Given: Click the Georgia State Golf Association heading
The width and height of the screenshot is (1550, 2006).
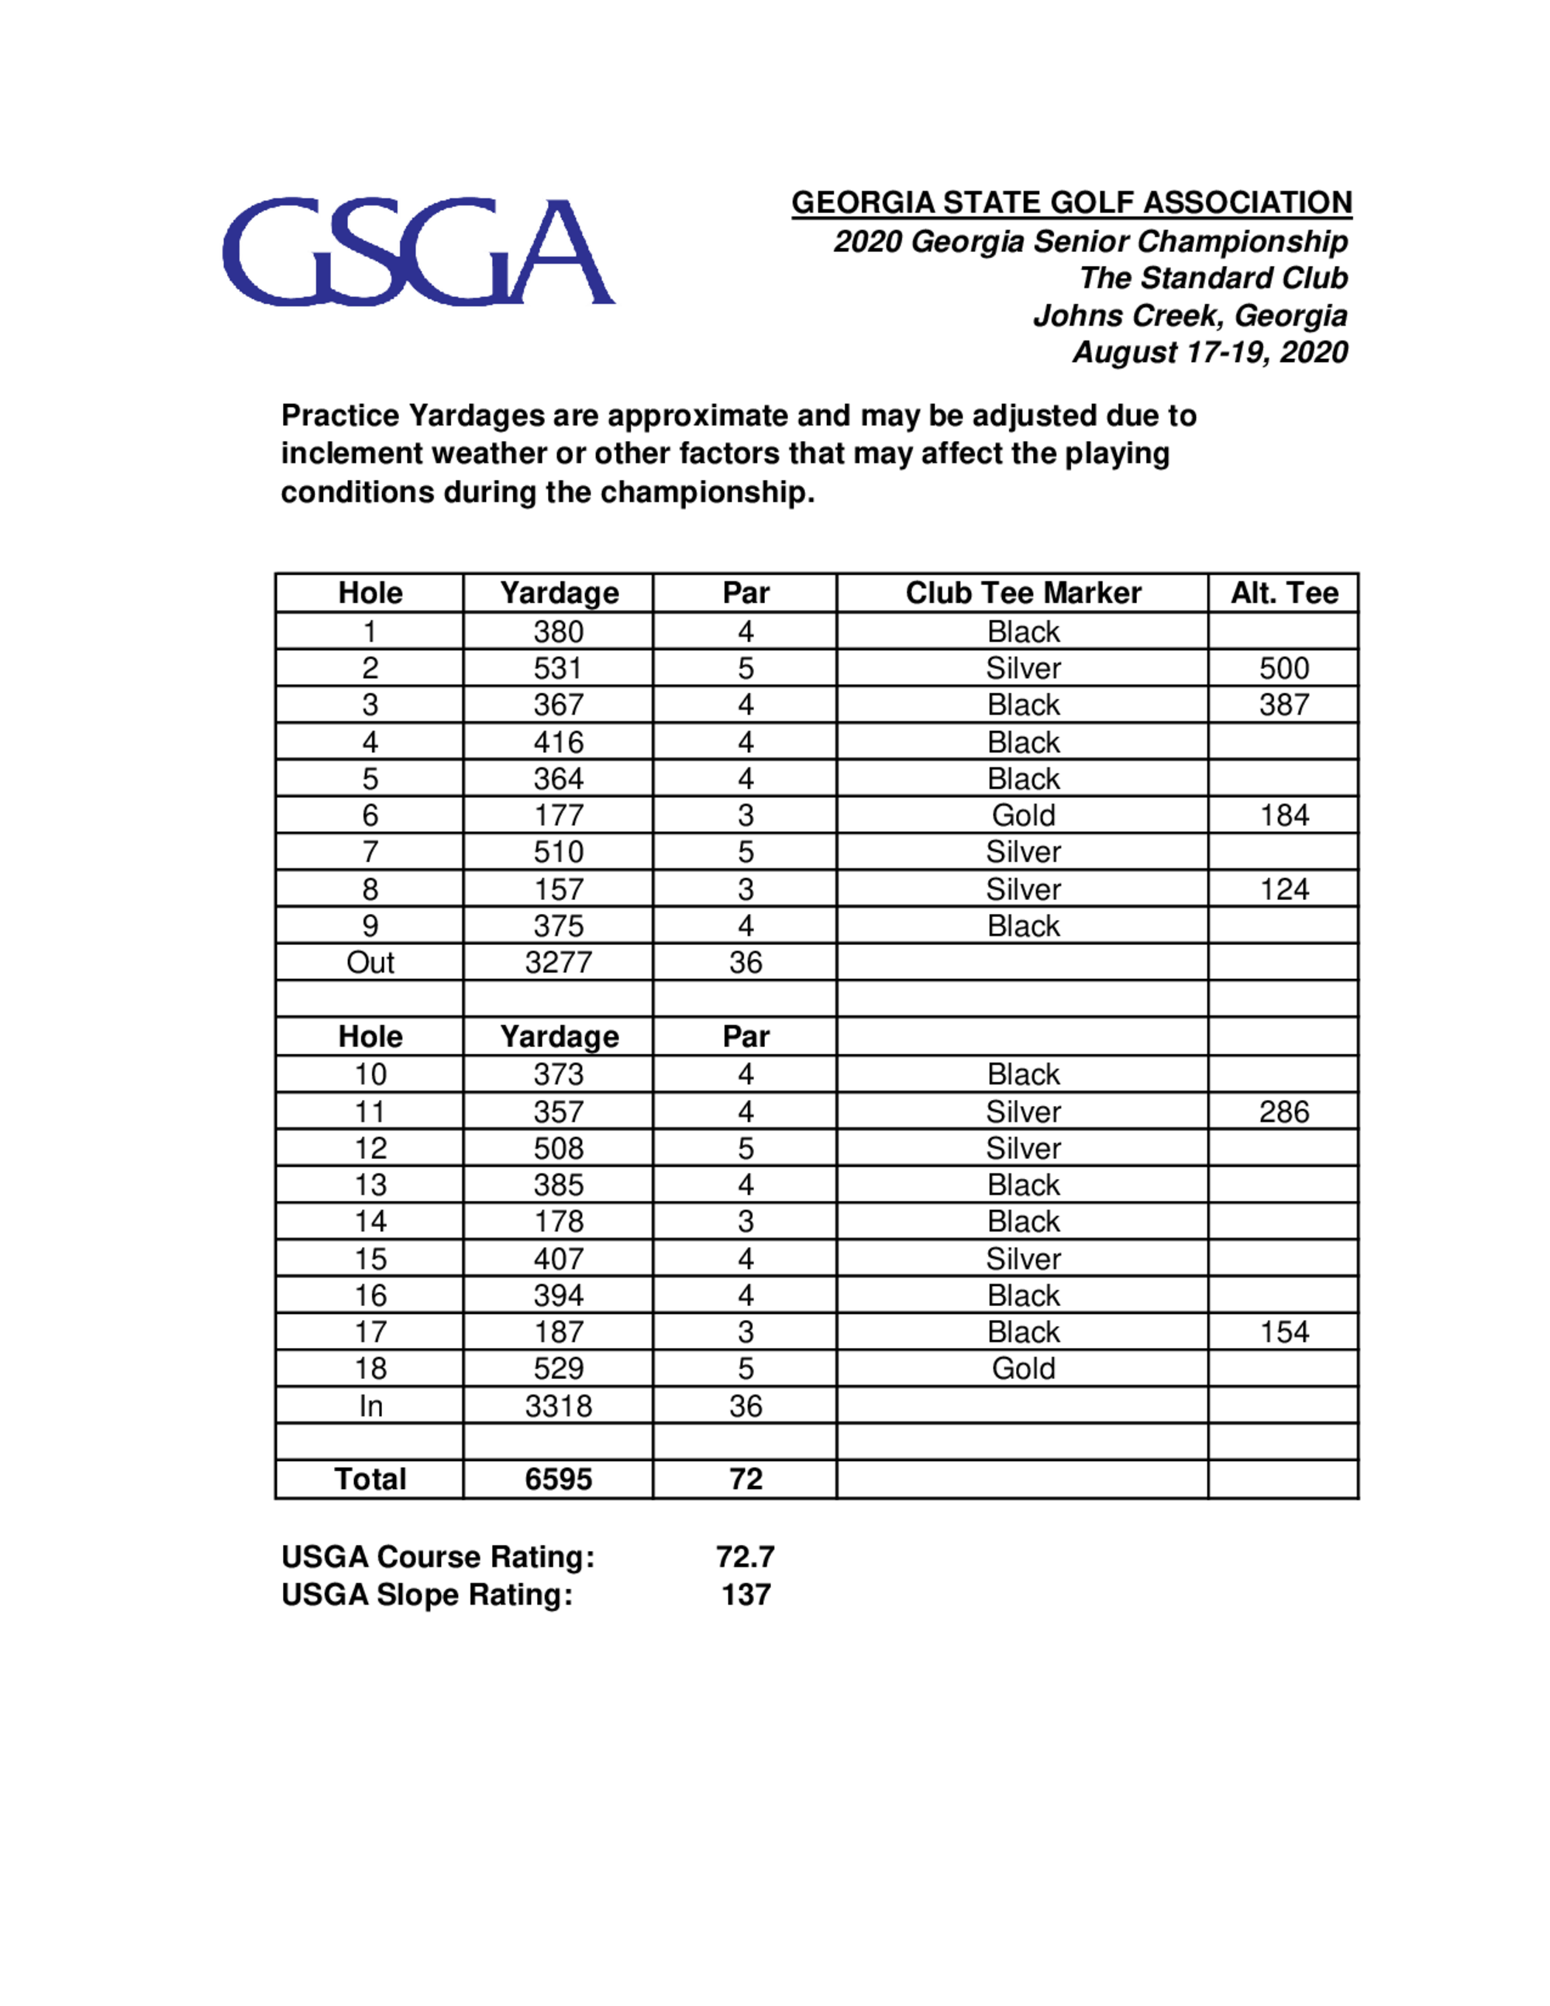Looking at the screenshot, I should click(1071, 202).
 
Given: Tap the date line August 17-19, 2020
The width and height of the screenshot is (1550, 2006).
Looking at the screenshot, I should click(1209, 352).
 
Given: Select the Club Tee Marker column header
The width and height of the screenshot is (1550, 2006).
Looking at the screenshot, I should click(1023, 593).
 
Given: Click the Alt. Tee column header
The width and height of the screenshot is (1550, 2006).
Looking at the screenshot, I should click(1283, 593).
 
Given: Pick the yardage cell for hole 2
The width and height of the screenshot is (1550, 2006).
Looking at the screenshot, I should click(558, 667).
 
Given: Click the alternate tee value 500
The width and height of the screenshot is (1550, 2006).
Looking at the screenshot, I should click(1283, 667).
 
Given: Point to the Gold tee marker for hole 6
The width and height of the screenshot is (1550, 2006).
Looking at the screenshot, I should click(1023, 815).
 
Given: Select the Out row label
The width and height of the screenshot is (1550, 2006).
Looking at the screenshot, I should click(370, 963).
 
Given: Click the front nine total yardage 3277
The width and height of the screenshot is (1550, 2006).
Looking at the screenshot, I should click(558, 963).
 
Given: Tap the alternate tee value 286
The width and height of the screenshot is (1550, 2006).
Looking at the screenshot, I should click(1283, 1112).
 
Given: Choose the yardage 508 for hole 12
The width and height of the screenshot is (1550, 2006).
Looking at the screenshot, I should click(558, 1148).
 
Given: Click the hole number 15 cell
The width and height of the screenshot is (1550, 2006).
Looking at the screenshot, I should click(370, 1258).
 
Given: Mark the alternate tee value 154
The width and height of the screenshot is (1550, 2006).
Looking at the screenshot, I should click(1283, 1332).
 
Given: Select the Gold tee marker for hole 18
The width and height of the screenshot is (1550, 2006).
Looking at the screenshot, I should click(1023, 1369).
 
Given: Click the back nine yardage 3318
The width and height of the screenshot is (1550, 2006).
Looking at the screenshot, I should click(558, 1406).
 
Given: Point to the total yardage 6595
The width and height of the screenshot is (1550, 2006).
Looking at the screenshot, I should click(558, 1480).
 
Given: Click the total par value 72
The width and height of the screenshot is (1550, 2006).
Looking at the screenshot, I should click(746, 1480).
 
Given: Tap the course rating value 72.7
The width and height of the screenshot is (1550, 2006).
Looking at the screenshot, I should click(746, 1557).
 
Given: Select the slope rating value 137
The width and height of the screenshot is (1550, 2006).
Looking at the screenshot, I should click(746, 1594).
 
